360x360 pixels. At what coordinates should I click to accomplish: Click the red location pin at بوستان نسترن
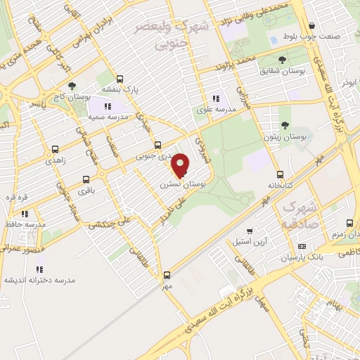181,165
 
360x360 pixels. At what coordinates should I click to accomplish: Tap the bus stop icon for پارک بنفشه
120,79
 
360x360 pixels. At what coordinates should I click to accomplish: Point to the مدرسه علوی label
216,110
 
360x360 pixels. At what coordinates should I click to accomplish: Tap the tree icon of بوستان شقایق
283,60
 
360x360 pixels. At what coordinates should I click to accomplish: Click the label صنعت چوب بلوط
320,36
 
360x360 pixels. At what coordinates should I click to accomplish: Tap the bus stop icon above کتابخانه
280,174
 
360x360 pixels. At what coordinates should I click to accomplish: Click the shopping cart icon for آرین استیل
250,231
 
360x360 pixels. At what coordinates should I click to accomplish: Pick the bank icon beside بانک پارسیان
302,246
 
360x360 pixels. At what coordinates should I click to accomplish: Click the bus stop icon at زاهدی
53,150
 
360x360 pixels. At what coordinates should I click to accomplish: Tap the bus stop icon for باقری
86,179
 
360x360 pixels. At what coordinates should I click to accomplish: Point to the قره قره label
16,197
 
